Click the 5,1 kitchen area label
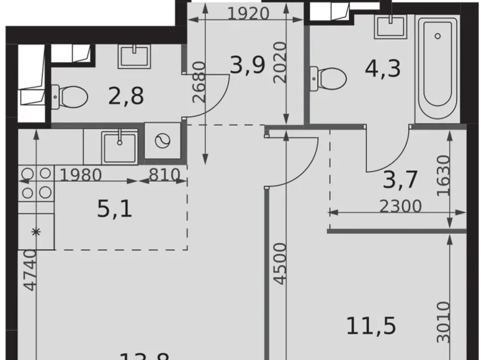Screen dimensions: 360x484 (115, 209)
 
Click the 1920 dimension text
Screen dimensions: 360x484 (248, 13)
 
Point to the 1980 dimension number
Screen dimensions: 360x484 (81, 174)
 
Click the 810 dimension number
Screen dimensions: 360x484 (164, 174)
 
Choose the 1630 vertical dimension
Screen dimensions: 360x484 (442, 176)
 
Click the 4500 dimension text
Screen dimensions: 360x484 (280, 264)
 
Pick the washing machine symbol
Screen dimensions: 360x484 (163, 142)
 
